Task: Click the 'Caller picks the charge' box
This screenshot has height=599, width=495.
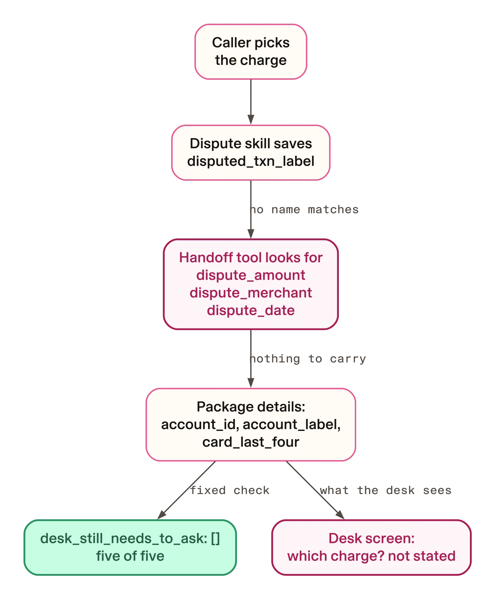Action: click(251, 52)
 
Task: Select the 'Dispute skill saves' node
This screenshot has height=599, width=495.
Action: click(251, 153)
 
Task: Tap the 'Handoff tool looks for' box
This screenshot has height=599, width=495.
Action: click(251, 284)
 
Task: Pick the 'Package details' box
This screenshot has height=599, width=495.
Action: click(251, 424)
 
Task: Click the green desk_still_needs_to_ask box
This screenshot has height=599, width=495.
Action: click(130, 547)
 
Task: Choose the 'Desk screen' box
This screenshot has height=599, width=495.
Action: click(371, 547)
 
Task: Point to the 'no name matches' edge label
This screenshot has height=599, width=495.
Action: click(304, 210)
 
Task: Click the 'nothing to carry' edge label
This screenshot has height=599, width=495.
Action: click(308, 359)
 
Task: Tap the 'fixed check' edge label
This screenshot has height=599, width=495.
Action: click(230, 490)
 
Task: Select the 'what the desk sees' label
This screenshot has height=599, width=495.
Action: click(385, 490)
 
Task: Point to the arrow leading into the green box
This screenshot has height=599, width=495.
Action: click(186, 490)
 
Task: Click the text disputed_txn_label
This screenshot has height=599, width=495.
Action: click(251, 161)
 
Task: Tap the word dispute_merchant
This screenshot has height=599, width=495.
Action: click(251, 293)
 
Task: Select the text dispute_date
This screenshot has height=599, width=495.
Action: click(251, 310)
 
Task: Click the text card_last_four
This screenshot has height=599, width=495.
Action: click(251, 442)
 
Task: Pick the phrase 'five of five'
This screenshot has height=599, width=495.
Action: click(130, 556)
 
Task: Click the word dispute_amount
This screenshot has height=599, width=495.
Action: click(251, 275)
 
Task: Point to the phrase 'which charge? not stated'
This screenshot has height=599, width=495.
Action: click(371, 556)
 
